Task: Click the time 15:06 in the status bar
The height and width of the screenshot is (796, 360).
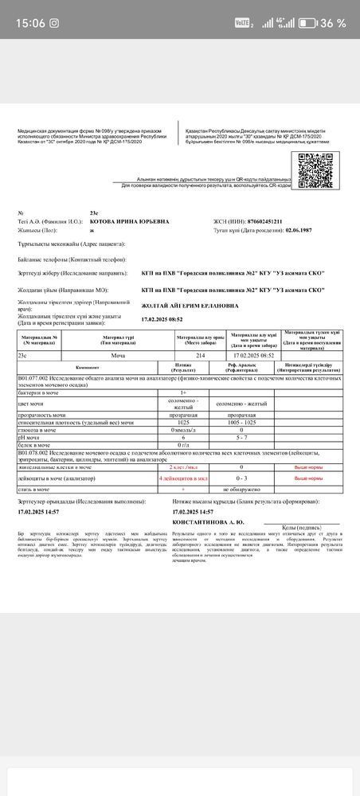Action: pos(29,23)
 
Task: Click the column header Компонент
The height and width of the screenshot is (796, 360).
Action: pos(87,366)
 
